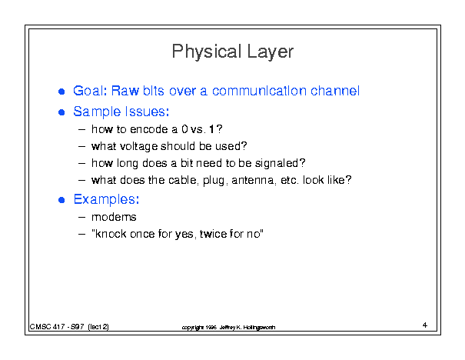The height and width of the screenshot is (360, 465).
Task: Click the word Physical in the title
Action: click(207, 52)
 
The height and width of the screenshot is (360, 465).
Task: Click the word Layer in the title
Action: click(270, 52)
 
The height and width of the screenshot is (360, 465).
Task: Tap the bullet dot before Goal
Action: click(61, 92)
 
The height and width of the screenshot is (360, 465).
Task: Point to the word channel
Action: click(335, 91)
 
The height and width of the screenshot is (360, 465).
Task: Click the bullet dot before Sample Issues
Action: click(61, 112)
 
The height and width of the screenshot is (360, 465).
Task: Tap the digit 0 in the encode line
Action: click(184, 129)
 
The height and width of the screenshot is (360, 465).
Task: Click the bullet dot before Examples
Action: click(61, 200)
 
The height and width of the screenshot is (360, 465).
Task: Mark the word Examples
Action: click(106, 199)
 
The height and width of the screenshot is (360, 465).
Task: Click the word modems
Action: click(114, 217)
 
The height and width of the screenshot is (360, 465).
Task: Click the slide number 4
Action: click(425, 325)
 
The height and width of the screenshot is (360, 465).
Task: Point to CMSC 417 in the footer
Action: click(47, 327)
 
